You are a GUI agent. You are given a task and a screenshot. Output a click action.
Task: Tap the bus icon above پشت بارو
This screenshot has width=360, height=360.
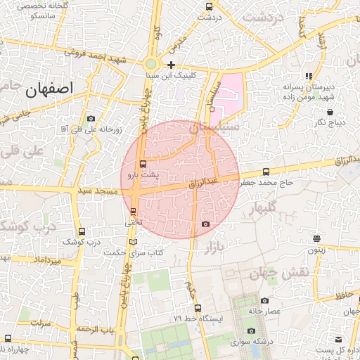144,164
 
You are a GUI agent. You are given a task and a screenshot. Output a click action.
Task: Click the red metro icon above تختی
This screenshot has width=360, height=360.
134,211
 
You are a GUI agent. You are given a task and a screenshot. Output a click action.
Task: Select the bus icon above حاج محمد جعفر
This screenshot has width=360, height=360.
265,172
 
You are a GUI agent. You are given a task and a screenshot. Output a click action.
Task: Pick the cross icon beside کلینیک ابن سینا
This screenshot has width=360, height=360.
171,65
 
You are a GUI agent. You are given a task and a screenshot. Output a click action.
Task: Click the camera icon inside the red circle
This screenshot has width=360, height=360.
205,224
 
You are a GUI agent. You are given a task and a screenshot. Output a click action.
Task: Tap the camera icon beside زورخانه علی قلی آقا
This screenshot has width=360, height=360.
91,119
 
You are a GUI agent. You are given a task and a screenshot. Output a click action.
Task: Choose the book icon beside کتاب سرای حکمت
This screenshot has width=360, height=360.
134,243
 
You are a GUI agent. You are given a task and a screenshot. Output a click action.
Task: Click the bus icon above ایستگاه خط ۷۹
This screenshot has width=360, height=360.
196,307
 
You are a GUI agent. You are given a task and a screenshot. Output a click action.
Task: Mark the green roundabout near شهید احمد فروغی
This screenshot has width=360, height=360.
151,63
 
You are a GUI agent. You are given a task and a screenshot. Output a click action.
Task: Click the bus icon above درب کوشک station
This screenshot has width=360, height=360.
82,231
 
